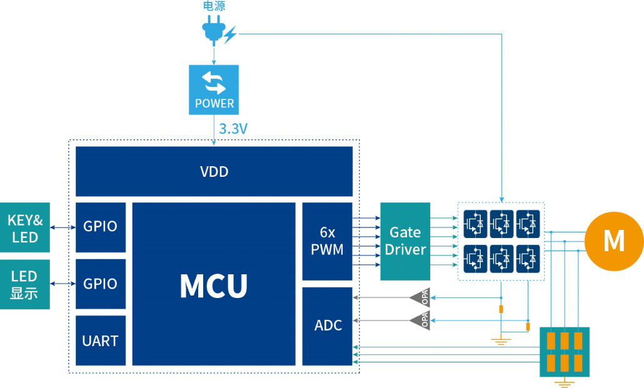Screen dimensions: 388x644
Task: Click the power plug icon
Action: tap(213, 28)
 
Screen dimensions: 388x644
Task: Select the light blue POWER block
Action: tap(214, 89)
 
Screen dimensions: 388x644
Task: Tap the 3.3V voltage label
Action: tap(233, 129)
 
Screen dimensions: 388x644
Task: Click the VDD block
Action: tap(214, 171)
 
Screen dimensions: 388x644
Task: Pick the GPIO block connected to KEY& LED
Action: tap(100, 227)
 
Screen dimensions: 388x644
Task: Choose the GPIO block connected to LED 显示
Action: tap(100, 284)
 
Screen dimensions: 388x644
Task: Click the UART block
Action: tap(100, 341)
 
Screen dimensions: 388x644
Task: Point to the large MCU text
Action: tap(214, 286)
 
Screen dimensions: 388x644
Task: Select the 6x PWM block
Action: tap(327, 241)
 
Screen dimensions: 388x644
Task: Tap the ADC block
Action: tap(327, 326)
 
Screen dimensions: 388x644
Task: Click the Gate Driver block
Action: tap(405, 241)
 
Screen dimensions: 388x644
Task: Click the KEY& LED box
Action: tap(25, 229)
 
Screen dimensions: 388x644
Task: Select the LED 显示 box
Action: tap(25, 284)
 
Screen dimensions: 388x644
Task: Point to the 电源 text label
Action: tap(214, 6)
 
